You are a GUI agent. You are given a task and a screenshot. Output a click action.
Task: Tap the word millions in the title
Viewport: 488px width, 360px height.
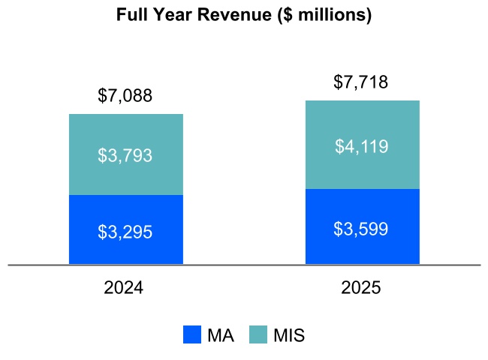pos(333,15)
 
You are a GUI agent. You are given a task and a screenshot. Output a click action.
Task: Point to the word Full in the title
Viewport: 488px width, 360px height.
pos(131,15)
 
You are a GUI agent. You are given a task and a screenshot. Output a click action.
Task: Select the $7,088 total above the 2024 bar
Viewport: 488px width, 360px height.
pos(125,96)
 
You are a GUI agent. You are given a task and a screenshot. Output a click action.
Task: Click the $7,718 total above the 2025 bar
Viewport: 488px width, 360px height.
pos(361,82)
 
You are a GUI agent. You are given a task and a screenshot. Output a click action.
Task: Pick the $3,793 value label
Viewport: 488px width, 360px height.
pos(125,155)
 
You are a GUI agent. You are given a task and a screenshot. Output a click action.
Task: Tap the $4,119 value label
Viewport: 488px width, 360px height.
pos(361,146)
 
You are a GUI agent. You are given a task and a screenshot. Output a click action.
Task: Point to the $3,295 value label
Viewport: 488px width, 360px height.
pos(125,232)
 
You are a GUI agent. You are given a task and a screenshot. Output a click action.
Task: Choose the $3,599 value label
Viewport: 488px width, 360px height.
pos(361,229)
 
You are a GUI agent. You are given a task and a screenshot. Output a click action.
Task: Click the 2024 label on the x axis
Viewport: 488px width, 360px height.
pos(124,288)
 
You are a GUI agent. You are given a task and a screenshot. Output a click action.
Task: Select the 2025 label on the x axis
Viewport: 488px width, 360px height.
pos(361,288)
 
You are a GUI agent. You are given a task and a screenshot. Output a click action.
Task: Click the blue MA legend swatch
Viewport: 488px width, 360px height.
pos(193,335)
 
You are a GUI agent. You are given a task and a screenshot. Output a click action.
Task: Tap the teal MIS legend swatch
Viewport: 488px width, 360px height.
pos(258,335)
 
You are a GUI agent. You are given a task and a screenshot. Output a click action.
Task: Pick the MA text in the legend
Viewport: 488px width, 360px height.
pos(221,335)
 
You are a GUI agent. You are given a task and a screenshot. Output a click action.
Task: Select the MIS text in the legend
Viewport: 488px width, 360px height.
pos(289,335)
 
